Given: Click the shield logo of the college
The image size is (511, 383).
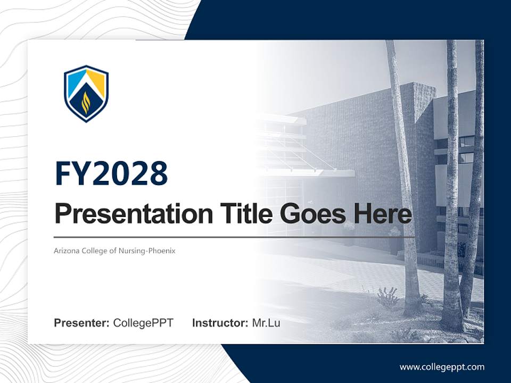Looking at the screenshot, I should [x=86, y=93].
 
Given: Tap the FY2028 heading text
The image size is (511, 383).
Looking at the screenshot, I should [x=111, y=173].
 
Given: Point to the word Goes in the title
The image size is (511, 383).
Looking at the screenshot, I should [x=311, y=214].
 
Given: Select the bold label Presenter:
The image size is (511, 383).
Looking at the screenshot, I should [x=82, y=323].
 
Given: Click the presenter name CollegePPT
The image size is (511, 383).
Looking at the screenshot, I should [x=143, y=323].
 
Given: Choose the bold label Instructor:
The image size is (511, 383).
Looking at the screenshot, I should [x=220, y=323].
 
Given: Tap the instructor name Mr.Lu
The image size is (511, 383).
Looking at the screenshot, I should [x=266, y=323].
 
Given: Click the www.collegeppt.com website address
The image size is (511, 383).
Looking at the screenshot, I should [x=442, y=367].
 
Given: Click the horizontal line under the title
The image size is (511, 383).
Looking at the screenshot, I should [x=234, y=237].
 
